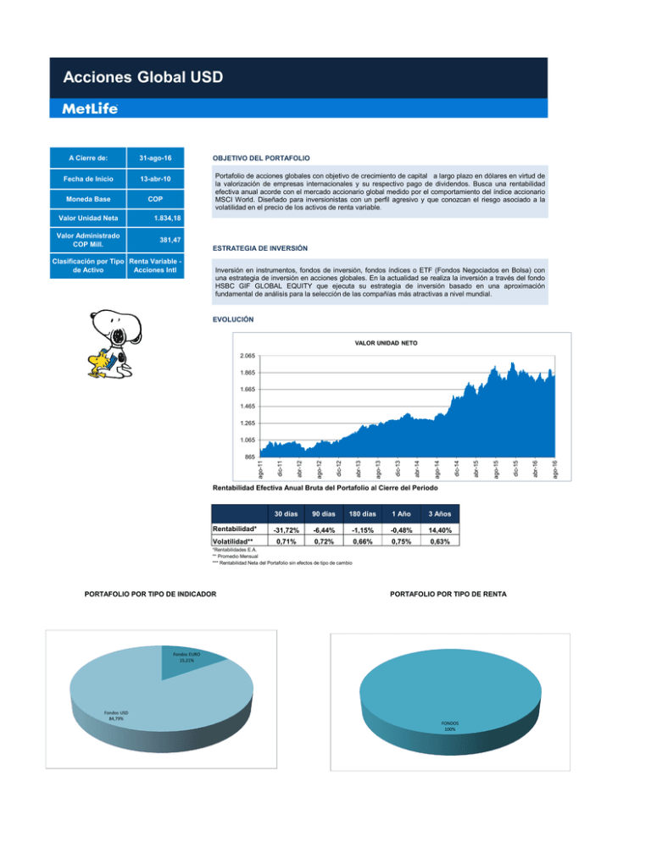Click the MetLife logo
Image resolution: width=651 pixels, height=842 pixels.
click(90, 108)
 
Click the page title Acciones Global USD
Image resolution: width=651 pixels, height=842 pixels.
click(142, 78)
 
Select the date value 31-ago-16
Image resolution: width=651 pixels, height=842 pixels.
click(152, 158)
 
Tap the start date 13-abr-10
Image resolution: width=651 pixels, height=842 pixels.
click(152, 180)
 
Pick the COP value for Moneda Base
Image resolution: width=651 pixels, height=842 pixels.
click(152, 203)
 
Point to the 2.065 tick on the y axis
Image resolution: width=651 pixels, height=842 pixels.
click(247, 357)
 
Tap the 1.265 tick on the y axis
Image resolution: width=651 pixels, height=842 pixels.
click(247, 423)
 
